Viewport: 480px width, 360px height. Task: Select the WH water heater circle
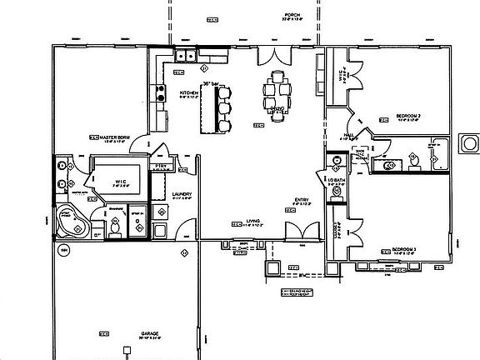[62, 250]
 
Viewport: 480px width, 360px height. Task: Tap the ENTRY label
[301, 199]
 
